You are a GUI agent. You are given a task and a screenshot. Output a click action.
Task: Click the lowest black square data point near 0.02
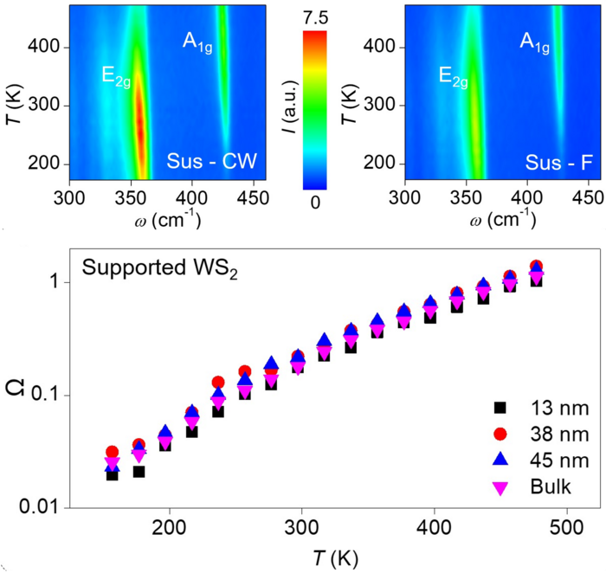coord(113,474)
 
